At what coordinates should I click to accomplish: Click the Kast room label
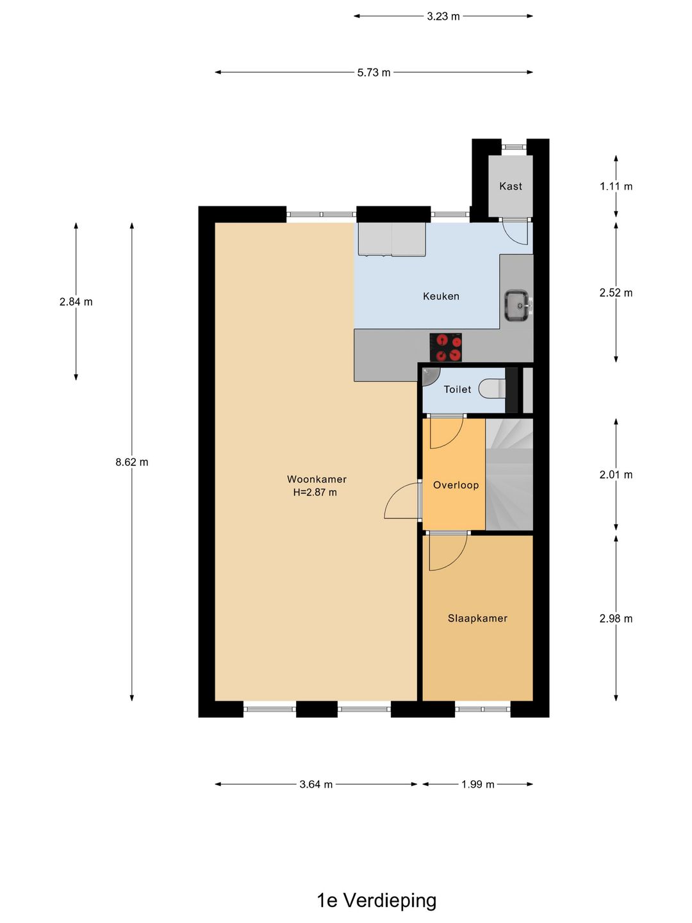click(x=511, y=187)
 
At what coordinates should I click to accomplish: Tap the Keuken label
click(x=441, y=296)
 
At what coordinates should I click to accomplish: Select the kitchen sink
click(x=516, y=305)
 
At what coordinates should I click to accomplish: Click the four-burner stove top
click(x=445, y=347)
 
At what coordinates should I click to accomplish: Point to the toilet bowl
click(x=492, y=388)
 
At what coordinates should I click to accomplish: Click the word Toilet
click(x=457, y=390)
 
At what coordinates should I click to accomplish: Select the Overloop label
click(x=456, y=485)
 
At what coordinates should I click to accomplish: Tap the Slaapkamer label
click(x=477, y=619)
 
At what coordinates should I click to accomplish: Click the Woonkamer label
click(x=317, y=479)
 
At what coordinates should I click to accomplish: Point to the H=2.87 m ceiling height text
click(x=315, y=493)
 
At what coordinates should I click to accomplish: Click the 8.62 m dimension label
click(x=132, y=462)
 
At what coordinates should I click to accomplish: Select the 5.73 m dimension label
click(x=374, y=72)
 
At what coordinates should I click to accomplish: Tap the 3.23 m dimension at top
click(x=443, y=16)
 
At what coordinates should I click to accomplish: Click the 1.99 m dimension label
click(x=478, y=785)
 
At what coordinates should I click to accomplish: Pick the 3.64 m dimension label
click(x=316, y=785)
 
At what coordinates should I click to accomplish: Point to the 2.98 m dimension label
click(x=616, y=619)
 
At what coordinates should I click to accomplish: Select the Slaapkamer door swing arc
click(x=447, y=553)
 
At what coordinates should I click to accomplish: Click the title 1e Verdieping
click(x=376, y=901)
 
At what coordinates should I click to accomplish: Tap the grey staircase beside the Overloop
click(x=509, y=474)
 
